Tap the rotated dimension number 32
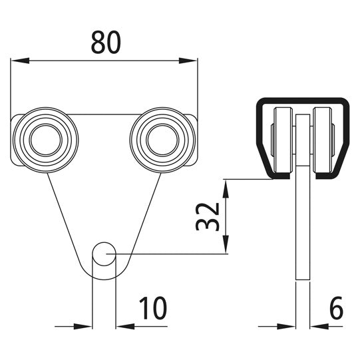click(x=208, y=216)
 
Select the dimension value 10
click(x=153, y=308)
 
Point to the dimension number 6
click(x=336, y=308)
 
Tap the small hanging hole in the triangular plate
click(x=103, y=254)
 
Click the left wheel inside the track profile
click(x=282, y=140)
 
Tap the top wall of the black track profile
click(x=302, y=101)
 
